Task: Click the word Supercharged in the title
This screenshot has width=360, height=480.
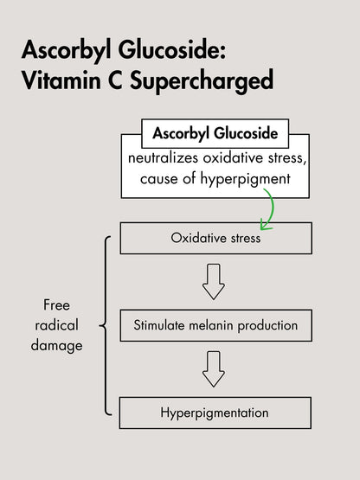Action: click(x=202, y=81)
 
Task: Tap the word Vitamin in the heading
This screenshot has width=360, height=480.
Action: click(x=61, y=80)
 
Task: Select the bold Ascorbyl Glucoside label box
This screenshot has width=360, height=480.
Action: click(x=215, y=133)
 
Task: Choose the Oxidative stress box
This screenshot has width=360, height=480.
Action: click(x=216, y=238)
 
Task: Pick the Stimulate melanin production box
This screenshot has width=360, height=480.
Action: click(x=216, y=325)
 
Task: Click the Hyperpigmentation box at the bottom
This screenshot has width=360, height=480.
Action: click(x=215, y=413)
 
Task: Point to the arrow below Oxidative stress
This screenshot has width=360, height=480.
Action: click(x=214, y=282)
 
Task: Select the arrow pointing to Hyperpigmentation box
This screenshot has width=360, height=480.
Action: click(x=214, y=369)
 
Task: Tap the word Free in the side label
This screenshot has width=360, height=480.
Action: click(x=56, y=305)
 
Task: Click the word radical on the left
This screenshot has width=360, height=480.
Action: click(x=56, y=325)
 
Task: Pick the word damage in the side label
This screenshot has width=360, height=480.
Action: click(x=56, y=346)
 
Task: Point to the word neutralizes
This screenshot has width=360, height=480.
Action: click(x=163, y=158)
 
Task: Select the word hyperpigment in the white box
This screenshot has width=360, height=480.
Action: click(x=245, y=179)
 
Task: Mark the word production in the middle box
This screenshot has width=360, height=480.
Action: click(x=267, y=326)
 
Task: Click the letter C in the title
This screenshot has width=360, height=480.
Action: click(x=115, y=80)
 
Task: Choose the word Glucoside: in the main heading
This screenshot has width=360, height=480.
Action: click(x=172, y=49)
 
